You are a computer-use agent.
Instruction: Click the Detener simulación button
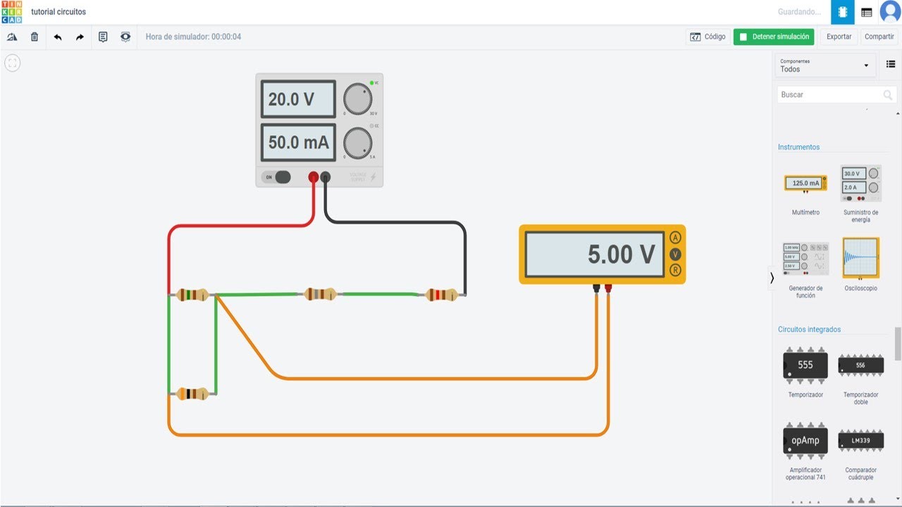[774, 37]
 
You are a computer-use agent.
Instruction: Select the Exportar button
[839, 37]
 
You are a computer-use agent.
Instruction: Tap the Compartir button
[879, 37]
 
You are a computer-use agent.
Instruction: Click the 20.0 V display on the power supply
[298, 99]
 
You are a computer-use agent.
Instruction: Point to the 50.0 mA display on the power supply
[298, 142]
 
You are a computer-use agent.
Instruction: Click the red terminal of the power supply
[314, 177]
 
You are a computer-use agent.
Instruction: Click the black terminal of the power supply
[326, 177]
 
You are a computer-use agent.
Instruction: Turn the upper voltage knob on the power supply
[358, 99]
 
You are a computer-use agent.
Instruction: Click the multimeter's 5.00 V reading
[595, 254]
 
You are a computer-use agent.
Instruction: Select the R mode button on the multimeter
[676, 270]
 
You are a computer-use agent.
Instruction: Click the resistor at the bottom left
[192, 394]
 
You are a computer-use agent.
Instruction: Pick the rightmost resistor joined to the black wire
[443, 294]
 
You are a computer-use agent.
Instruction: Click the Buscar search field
[830, 94]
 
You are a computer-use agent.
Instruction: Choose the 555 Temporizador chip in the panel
[805, 365]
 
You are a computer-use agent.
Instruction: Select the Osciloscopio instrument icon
[860, 258]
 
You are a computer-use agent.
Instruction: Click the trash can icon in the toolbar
[35, 37]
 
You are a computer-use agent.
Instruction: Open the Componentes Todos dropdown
[825, 65]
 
